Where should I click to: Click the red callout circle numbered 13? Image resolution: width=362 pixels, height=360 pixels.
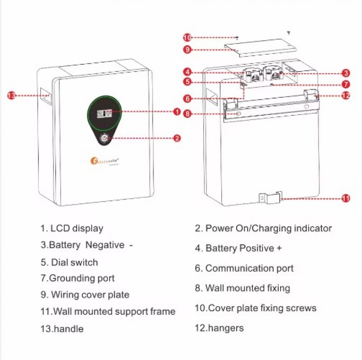coord(11,96)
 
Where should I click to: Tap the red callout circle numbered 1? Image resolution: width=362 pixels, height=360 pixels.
coord(177,111)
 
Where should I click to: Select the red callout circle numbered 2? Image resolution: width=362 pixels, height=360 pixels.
coord(177,138)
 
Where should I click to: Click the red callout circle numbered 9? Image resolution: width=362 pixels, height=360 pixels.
coord(187,50)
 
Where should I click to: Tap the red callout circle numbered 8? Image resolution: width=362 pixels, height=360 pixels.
coord(187,114)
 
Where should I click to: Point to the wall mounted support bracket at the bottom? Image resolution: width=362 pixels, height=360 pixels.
coord(269,198)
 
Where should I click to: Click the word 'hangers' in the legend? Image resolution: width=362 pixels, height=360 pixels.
coord(225,328)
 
